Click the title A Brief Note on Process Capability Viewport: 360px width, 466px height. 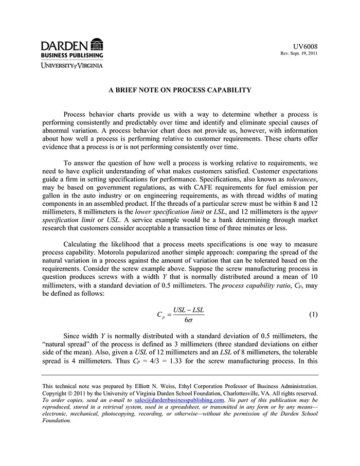[x=179, y=90]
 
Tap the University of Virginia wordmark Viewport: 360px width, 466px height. [x=72, y=65]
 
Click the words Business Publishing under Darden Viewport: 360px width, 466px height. [x=72, y=55]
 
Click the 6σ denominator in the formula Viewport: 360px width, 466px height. [x=188, y=319]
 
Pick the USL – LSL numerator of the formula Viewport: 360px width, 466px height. [x=188, y=310]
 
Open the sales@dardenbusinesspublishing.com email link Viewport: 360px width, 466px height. [x=179, y=400]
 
